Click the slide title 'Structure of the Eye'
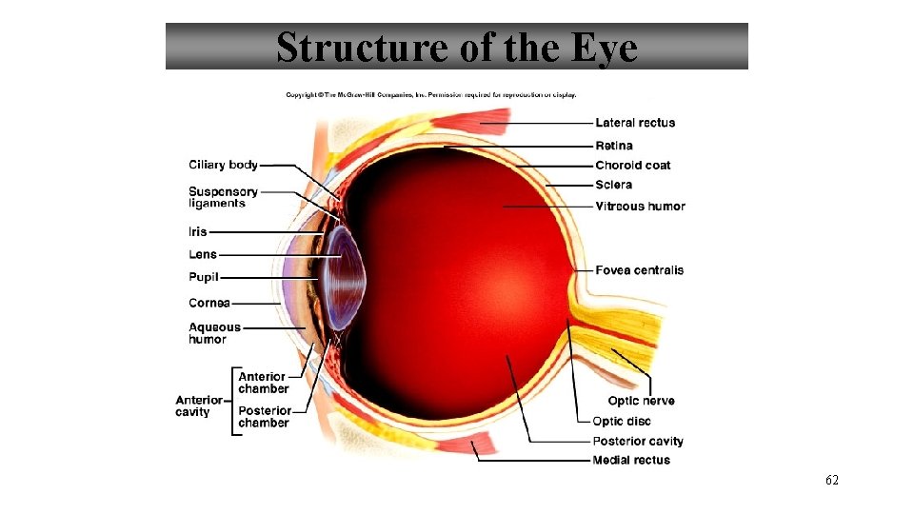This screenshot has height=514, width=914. [457, 47]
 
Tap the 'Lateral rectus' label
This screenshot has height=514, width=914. [635, 123]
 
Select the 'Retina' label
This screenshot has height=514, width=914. [614, 146]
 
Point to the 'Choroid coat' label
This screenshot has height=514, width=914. [632, 166]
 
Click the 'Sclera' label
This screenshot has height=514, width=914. [613, 185]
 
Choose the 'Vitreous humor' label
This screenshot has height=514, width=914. [640, 207]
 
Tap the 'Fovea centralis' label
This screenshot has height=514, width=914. [639, 270]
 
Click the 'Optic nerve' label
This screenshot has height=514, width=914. [641, 401]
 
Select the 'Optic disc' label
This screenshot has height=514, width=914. [622, 421]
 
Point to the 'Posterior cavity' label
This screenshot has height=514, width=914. [638, 441]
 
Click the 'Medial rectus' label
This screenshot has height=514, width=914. [631, 461]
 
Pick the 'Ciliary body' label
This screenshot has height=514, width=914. [223, 165]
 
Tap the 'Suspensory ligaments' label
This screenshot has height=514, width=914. [223, 197]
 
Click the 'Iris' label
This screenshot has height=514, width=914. [197, 231]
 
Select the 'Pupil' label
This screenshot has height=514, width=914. [203, 277]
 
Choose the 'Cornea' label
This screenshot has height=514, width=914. [209, 303]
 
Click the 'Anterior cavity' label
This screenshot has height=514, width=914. [198, 405]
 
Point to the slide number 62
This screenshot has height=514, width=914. [831, 481]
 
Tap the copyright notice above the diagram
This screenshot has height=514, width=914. [430, 94]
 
